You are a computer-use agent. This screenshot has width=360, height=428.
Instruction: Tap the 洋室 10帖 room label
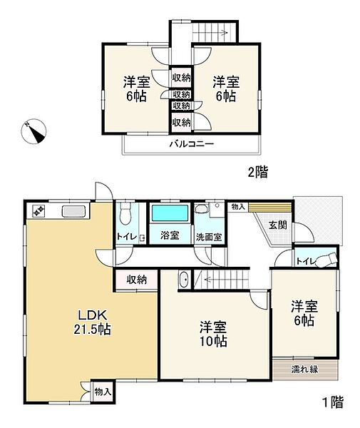212,334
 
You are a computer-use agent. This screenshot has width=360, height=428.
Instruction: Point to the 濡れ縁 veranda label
305,370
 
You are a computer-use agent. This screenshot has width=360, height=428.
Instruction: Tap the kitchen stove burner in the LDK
38,210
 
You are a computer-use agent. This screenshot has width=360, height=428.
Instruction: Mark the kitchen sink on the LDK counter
73,210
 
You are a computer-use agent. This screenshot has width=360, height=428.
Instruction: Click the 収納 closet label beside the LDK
137,280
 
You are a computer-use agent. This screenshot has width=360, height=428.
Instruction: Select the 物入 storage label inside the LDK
102,392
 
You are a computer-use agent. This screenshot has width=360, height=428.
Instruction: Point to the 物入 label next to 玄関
237,206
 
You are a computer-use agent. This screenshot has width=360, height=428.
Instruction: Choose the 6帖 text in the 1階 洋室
304,321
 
